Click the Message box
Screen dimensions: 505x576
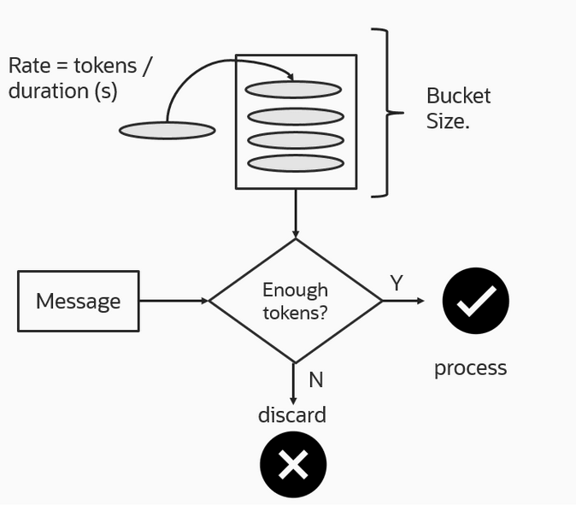tap(78, 301)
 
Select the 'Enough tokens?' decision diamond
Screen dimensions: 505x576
tap(296, 301)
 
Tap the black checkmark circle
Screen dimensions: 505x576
tap(475, 301)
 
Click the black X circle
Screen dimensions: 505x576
tap(293, 465)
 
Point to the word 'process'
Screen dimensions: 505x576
tap(470, 368)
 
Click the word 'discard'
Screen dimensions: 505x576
tap(292, 415)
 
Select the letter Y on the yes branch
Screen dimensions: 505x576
tap(397, 284)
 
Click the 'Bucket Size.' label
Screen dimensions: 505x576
tap(458, 109)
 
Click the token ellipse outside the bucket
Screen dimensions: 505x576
tap(167, 131)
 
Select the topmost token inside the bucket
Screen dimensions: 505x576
tap(293, 90)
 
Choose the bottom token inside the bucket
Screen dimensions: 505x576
tap(296, 163)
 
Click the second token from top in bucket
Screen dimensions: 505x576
tap(296, 116)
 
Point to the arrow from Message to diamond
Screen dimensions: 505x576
tap(173, 301)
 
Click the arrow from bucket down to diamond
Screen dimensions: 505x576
tap(296, 213)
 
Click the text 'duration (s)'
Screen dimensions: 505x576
tap(62, 91)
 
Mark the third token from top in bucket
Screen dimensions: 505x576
tap(296, 140)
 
